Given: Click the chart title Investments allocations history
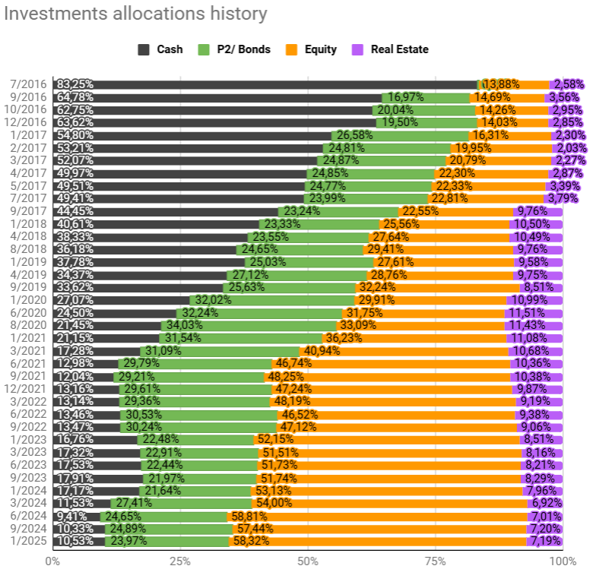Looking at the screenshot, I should point(137,14).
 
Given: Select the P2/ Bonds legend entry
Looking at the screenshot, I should point(231,49).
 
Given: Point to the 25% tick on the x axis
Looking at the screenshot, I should point(179,560).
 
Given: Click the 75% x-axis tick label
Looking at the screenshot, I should point(435,560).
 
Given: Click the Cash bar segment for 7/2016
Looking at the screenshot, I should point(266,84).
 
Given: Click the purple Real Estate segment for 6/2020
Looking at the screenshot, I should point(533,313).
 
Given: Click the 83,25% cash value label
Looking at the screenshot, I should point(75,84).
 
